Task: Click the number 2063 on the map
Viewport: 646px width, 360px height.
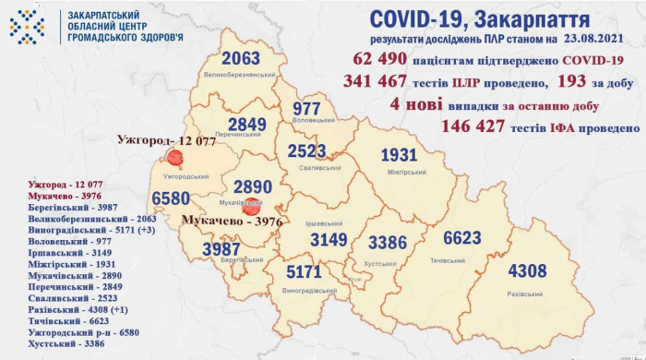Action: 235,58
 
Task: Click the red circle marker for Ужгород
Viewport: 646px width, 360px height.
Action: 172,158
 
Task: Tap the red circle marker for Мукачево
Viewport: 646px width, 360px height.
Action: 248,210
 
